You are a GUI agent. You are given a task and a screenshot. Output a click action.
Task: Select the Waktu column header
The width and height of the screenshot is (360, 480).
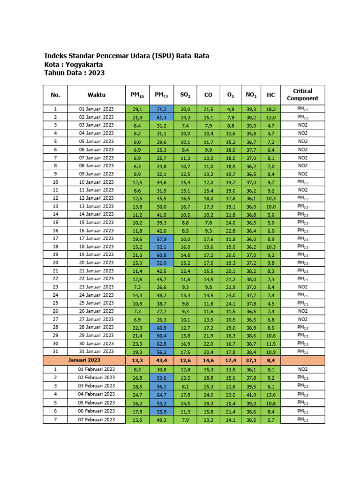pos(96,95)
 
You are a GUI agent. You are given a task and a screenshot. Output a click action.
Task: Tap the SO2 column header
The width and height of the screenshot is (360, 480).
pos(185,95)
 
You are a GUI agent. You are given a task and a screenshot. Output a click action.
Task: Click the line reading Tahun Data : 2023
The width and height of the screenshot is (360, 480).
pos(74,73)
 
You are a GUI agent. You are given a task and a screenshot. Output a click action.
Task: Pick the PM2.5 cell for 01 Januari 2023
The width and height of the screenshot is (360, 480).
pos(162,109)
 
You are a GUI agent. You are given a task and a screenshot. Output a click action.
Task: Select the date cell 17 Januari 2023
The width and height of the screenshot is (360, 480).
pos(96,239)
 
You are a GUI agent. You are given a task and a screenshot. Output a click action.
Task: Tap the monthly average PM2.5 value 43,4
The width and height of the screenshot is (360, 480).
pos(162,360)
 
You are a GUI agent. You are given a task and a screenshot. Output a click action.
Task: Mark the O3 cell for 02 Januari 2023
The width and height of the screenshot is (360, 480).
pos(230,117)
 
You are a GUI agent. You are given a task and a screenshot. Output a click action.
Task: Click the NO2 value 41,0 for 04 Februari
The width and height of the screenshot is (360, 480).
pos(251,394)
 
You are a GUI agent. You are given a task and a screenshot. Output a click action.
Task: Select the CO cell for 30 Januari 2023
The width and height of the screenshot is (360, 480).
pos(208,344)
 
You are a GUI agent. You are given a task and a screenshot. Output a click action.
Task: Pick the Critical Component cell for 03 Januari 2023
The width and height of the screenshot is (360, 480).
pos(302,125)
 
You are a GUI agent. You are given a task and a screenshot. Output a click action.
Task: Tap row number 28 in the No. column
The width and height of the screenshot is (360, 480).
pos(55,327)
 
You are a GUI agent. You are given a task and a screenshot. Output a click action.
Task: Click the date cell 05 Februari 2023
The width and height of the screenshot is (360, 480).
pos(96,403)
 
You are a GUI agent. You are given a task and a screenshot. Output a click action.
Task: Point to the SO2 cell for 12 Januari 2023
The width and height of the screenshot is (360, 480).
pos(185,198)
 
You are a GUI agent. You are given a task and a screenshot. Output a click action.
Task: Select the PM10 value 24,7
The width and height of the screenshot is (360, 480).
pos(137,394)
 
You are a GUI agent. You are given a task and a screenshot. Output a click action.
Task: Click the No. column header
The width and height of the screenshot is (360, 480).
pos(55,95)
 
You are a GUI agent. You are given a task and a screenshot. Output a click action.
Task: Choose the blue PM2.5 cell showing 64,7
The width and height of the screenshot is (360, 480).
pos(162,394)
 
